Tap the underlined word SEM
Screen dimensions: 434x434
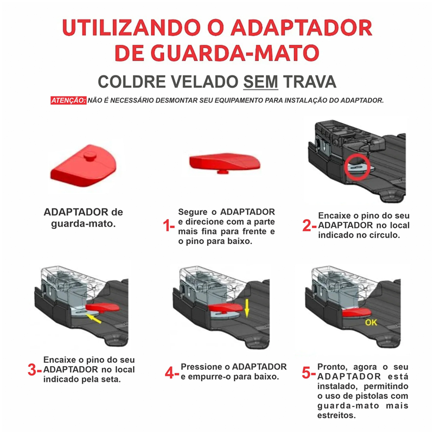coord(261,82)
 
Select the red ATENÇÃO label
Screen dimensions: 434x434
coord(68,100)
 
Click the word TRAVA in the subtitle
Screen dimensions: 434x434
coord(310,82)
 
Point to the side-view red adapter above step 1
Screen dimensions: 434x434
coord(225,162)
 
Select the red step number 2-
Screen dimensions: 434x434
coord(309,226)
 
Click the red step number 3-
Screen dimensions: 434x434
coord(34,370)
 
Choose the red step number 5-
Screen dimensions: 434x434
coord(309,373)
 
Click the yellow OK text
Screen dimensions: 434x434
coord(371,322)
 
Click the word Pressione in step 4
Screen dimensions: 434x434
coord(200,367)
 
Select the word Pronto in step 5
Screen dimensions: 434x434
coord(331,366)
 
